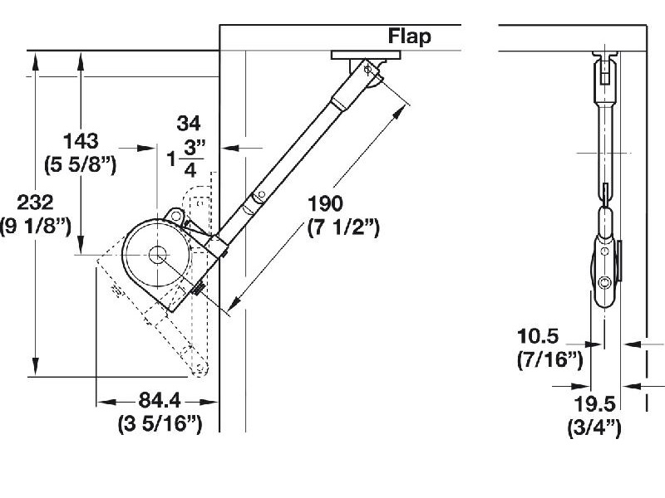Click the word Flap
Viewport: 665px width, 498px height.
[410, 37]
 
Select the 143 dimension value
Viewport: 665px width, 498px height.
[81, 141]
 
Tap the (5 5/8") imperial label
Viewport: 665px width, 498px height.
[81, 164]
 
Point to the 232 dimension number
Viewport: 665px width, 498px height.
[35, 203]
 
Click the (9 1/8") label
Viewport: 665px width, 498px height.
[35, 226]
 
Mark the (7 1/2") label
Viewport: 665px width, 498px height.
[342, 227]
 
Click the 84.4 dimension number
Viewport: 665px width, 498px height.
[157, 403]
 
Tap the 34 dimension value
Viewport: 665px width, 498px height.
[189, 124]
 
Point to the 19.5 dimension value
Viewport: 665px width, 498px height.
[594, 404]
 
